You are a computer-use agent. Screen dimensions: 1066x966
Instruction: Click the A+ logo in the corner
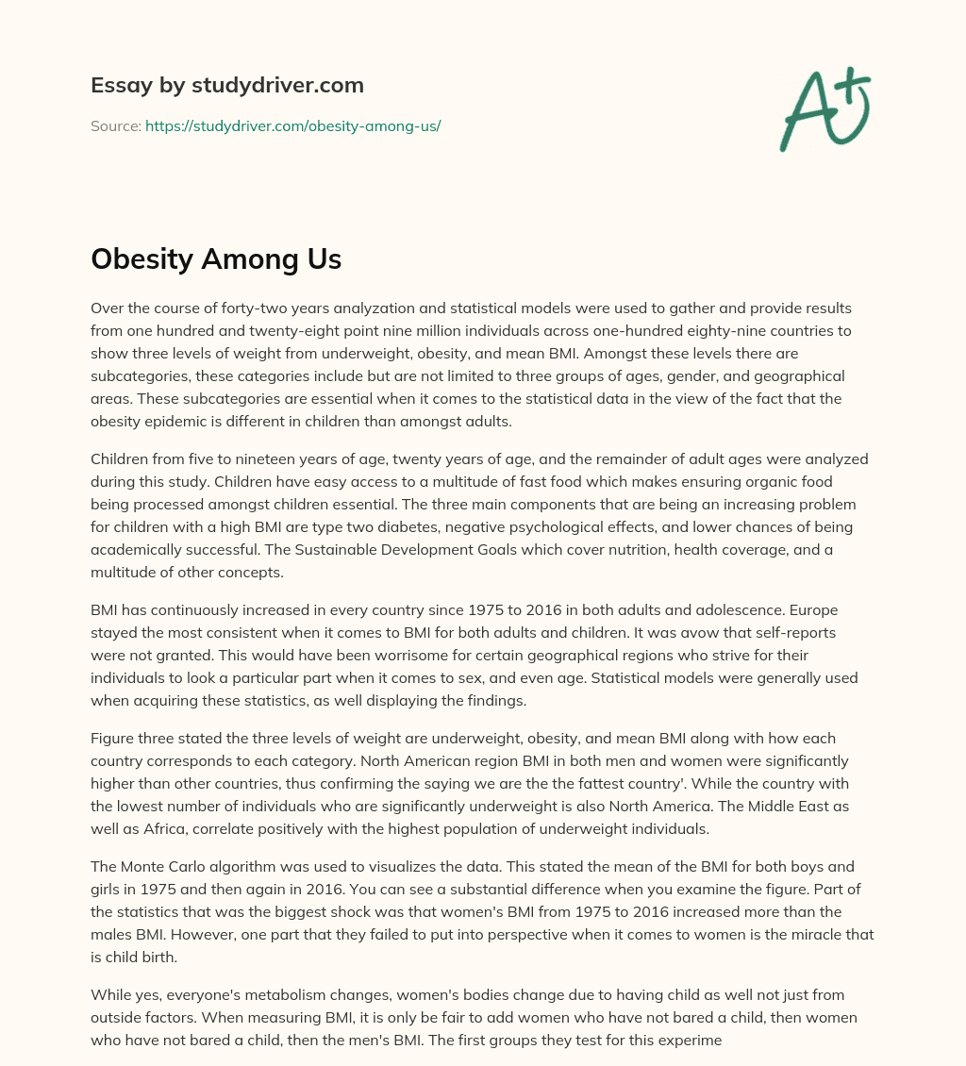click(824, 109)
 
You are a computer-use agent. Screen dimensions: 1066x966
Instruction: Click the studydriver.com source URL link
click(292, 125)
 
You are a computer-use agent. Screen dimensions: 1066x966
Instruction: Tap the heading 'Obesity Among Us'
click(216, 259)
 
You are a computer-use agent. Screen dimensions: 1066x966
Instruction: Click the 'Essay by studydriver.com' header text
click(227, 85)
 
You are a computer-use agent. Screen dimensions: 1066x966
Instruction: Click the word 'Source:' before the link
click(116, 125)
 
